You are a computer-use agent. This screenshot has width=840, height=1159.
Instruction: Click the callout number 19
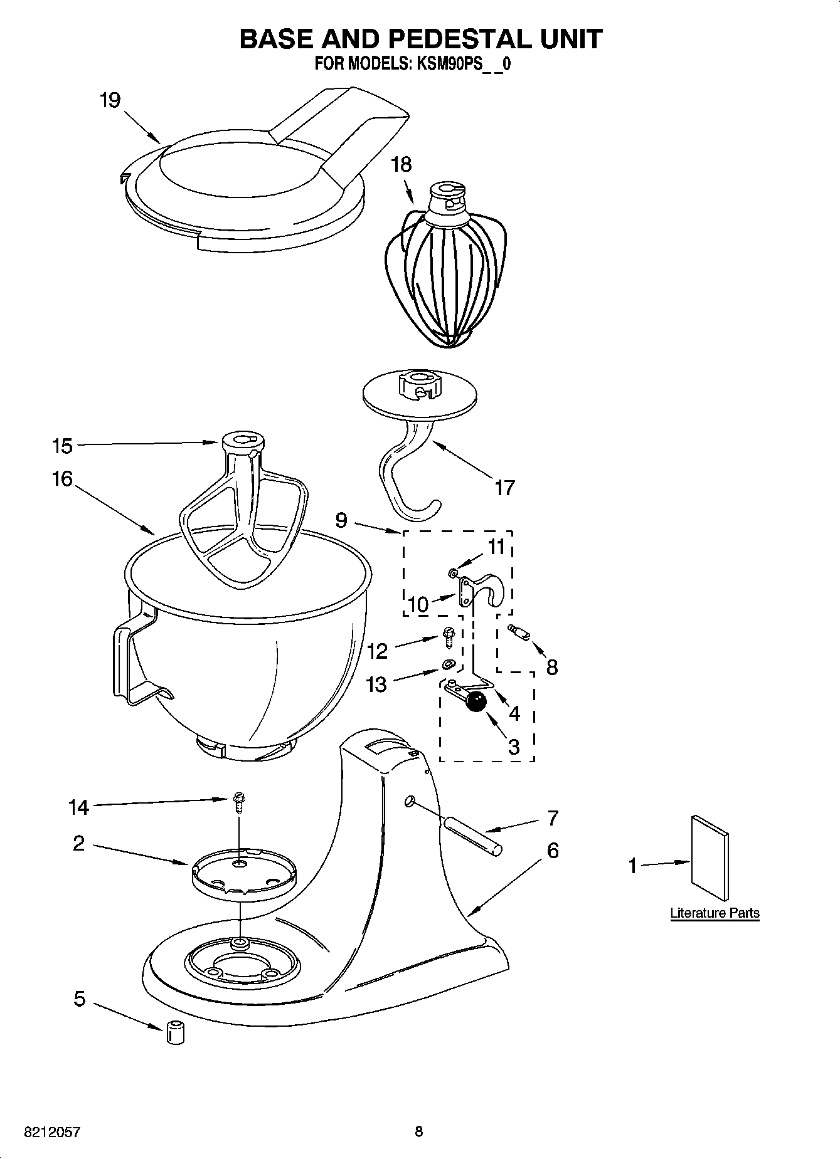110,100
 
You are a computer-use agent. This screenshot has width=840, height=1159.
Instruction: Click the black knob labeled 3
477,702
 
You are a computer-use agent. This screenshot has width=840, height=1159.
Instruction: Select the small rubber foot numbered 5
176,1032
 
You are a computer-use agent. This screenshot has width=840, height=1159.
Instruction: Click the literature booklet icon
710,858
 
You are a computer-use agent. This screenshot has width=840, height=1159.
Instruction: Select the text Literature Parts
715,913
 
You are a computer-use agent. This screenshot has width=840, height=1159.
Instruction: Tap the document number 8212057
52,1132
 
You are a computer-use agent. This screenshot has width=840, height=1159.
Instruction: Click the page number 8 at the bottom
418,1131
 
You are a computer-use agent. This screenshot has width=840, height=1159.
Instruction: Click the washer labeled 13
448,664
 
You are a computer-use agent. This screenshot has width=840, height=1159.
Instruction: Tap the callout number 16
62,479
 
